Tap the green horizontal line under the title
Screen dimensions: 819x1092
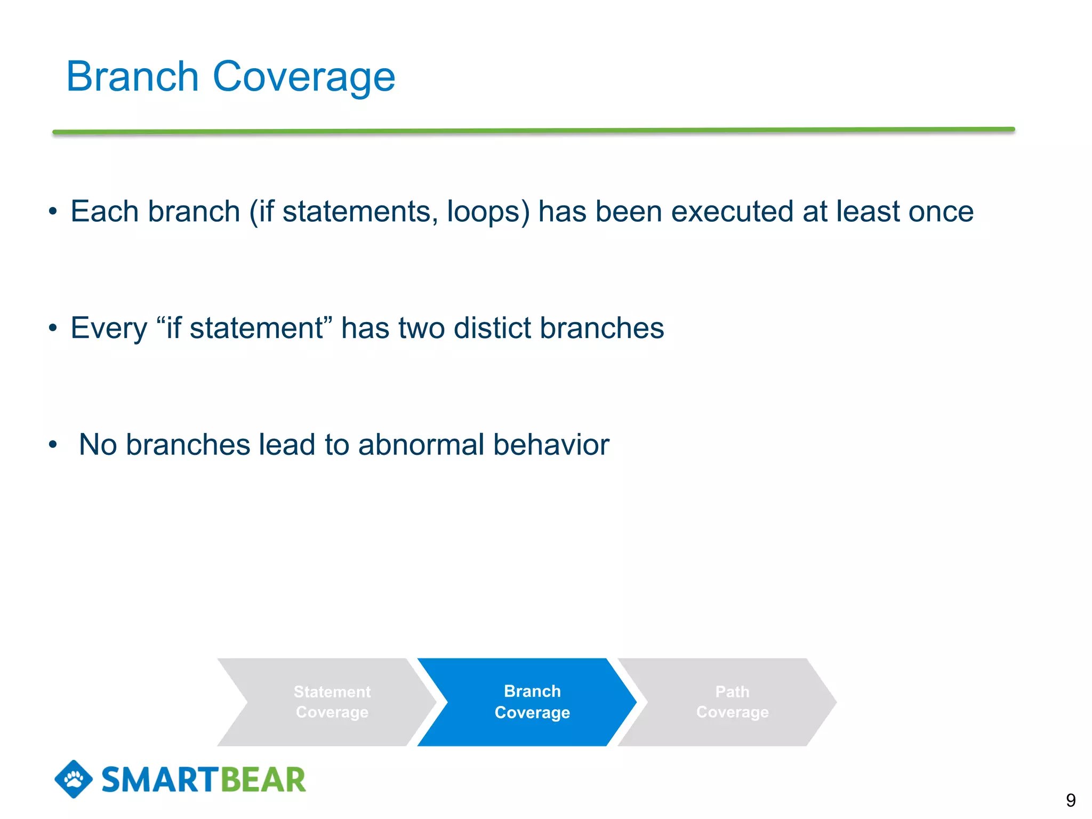(533, 131)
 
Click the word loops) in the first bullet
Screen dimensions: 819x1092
(488, 212)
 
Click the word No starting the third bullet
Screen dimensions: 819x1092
(98, 444)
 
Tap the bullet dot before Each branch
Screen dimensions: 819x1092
(52, 212)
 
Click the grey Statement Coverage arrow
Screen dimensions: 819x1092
(332, 702)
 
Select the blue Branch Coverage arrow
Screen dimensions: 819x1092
(532, 702)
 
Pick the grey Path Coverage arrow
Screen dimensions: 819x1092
(732, 702)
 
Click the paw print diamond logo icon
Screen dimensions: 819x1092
(74, 779)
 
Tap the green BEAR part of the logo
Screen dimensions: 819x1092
(263, 780)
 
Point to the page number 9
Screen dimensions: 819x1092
(1070, 800)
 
